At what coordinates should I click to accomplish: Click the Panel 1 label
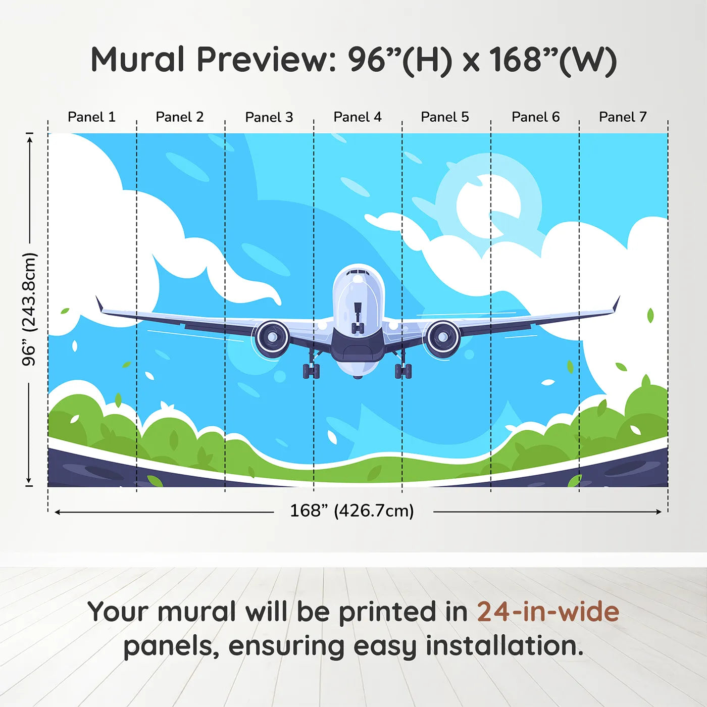91,117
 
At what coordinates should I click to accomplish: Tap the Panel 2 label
179,117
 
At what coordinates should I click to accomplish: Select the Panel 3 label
269,117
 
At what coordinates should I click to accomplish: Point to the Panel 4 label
357,117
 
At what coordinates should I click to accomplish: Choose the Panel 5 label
444,117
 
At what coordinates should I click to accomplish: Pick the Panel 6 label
535,117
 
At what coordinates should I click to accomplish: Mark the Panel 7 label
622,117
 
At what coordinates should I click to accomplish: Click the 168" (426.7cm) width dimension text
351,511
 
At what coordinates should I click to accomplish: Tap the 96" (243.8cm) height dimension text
29,309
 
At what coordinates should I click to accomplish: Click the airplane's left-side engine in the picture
272,337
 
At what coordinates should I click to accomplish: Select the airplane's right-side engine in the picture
443,337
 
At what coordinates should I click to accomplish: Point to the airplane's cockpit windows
359,273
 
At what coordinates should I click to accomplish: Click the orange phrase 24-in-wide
547,612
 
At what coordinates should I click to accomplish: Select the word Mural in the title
137,60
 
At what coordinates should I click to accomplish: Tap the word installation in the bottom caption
503,646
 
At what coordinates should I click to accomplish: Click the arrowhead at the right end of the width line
659,512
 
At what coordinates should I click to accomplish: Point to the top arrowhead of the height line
29,138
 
